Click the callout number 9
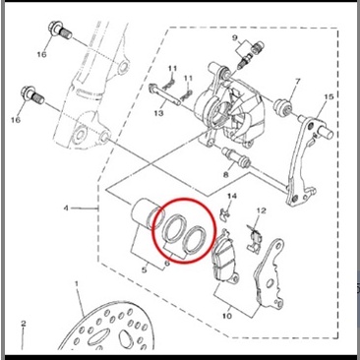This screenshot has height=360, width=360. pos(235,38)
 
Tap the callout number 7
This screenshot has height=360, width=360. pos(297,81)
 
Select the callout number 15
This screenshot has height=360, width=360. pos(329,96)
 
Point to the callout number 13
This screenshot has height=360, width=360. pos(158,113)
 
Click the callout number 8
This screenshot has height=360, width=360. pos(225,175)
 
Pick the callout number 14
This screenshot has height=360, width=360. pos(232,196)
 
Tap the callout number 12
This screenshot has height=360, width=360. pos(262,210)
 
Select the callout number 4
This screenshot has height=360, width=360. pos(66,208)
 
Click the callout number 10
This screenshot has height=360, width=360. pos(227,316)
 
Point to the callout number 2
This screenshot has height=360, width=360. pos(23,324)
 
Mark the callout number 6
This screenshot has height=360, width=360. pos(167,263)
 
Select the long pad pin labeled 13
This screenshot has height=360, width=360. pos(165,94)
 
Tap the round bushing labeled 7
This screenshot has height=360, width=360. pos(282,107)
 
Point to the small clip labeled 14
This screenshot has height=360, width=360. pos(223,213)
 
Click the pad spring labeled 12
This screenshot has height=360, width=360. pos(254,238)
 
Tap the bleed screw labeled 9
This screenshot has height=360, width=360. pos(247,55)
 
